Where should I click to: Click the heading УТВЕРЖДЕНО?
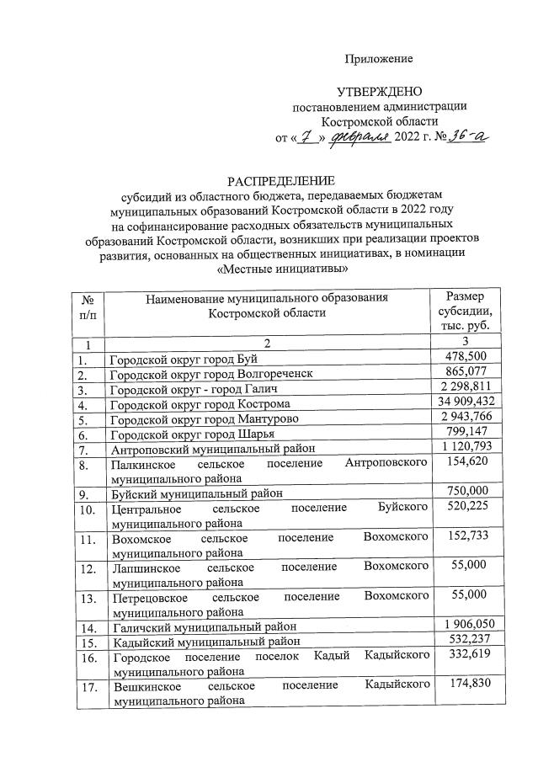click(x=379, y=90)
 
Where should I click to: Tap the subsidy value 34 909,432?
click(x=466, y=404)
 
